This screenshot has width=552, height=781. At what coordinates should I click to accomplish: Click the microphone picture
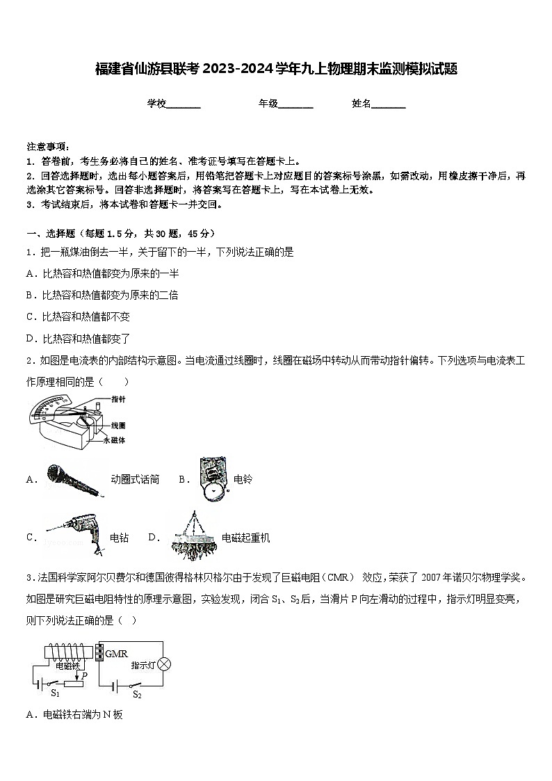[x=75, y=480]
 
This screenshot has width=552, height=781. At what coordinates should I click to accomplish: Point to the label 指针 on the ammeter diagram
[x=118, y=399]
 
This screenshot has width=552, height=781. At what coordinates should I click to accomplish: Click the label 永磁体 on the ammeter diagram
[x=114, y=440]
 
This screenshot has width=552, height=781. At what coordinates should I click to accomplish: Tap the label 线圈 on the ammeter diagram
[x=118, y=424]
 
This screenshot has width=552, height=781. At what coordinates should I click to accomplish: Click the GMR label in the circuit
[x=116, y=653]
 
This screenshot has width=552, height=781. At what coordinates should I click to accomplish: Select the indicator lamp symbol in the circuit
[x=164, y=664]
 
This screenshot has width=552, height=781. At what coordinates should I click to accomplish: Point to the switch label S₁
[x=56, y=693]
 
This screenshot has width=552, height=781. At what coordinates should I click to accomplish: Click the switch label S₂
[x=137, y=694]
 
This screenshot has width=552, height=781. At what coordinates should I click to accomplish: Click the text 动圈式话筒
[x=135, y=479]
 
